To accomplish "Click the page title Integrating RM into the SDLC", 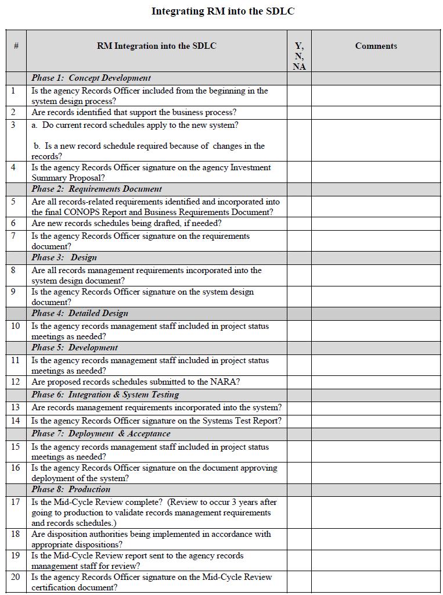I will [223, 12].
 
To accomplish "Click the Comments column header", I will [376, 46].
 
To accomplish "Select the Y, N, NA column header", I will [299, 56].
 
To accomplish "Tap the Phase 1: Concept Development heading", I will [91, 78].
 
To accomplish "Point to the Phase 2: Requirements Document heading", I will [96, 189].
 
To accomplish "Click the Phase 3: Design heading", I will [64, 257].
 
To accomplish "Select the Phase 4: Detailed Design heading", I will [80, 313].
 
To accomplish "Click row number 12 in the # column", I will [16, 382].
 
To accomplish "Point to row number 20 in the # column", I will [16, 577].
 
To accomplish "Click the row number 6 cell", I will [14, 223].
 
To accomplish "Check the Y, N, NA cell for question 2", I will [299, 113].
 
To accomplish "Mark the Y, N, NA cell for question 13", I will [299, 408].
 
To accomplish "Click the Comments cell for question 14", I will [376, 421].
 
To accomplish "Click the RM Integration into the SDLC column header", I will [157, 46].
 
